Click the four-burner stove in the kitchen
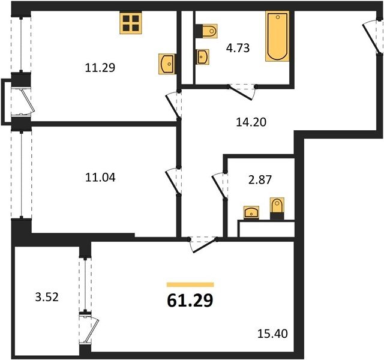(x=131, y=23)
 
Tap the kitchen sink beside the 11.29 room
(x=167, y=64)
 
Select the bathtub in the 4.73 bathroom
(x=277, y=36)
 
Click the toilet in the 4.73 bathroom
(x=206, y=31)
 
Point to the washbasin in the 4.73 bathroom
(x=202, y=57)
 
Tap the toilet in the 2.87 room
(x=277, y=208)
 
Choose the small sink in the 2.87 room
(x=251, y=212)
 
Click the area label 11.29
(x=100, y=68)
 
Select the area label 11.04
(x=100, y=178)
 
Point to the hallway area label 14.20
(x=251, y=122)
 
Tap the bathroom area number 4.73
(x=238, y=48)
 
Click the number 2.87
(x=260, y=180)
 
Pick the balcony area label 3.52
(x=47, y=298)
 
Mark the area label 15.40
(x=272, y=334)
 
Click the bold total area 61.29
(x=190, y=301)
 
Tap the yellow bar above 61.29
(x=190, y=284)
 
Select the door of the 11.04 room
(x=173, y=181)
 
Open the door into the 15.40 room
(x=203, y=244)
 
